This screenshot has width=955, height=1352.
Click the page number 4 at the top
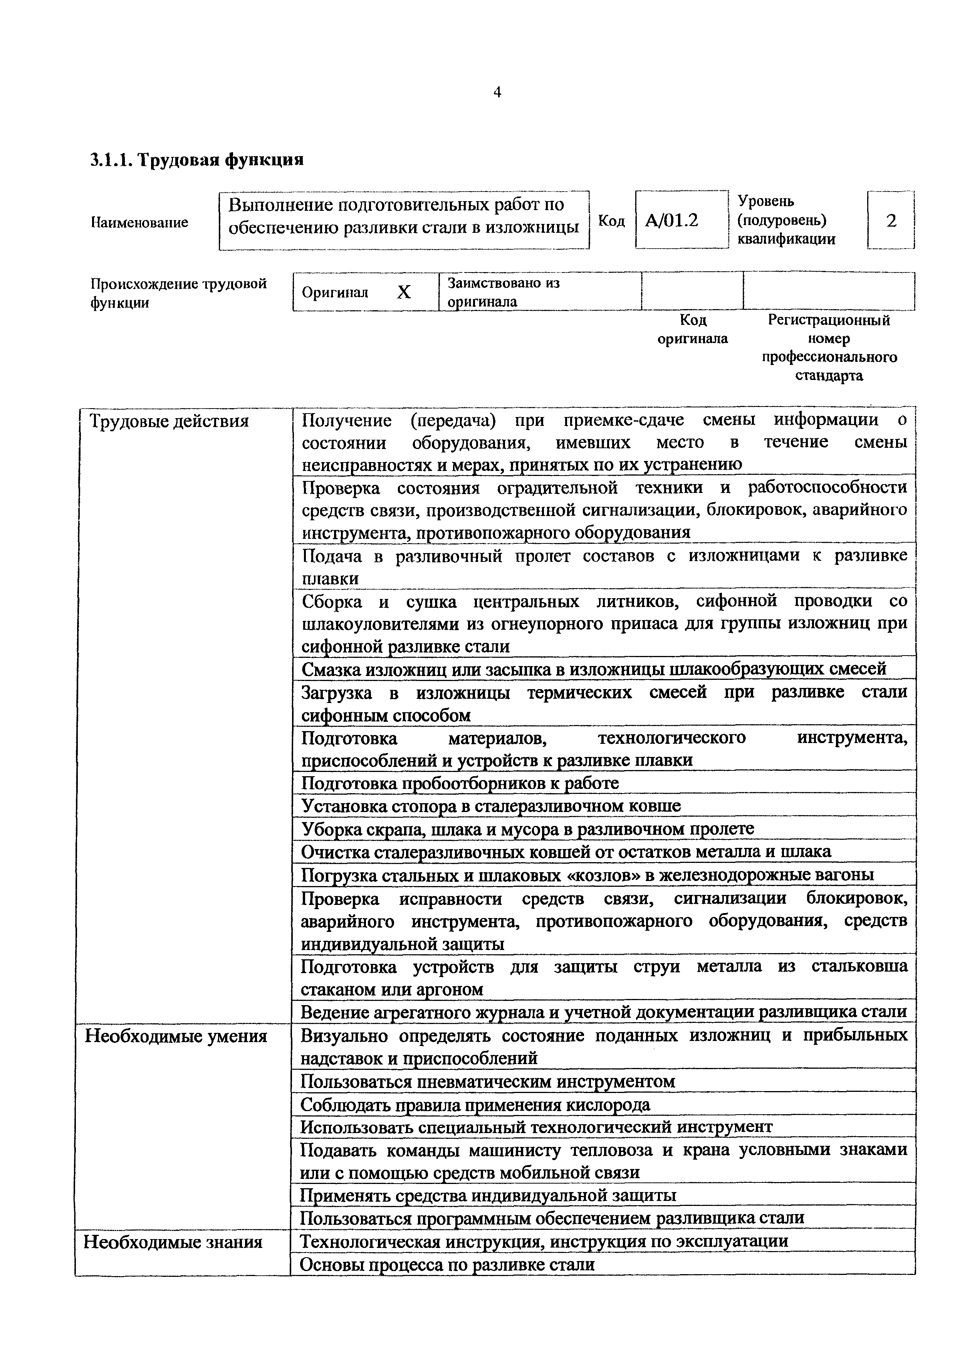[x=497, y=92]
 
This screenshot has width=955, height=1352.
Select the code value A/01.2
[x=671, y=221]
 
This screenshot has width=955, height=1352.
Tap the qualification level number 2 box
[x=891, y=221]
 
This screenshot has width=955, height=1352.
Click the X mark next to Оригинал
[x=404, y=292]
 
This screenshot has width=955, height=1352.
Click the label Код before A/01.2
[x=611, y=221]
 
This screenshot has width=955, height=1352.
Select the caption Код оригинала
[x=693, y=329]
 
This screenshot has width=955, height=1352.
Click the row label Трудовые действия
[x=169, y=422]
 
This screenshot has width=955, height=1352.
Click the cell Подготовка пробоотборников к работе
[x=460, y=783]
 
